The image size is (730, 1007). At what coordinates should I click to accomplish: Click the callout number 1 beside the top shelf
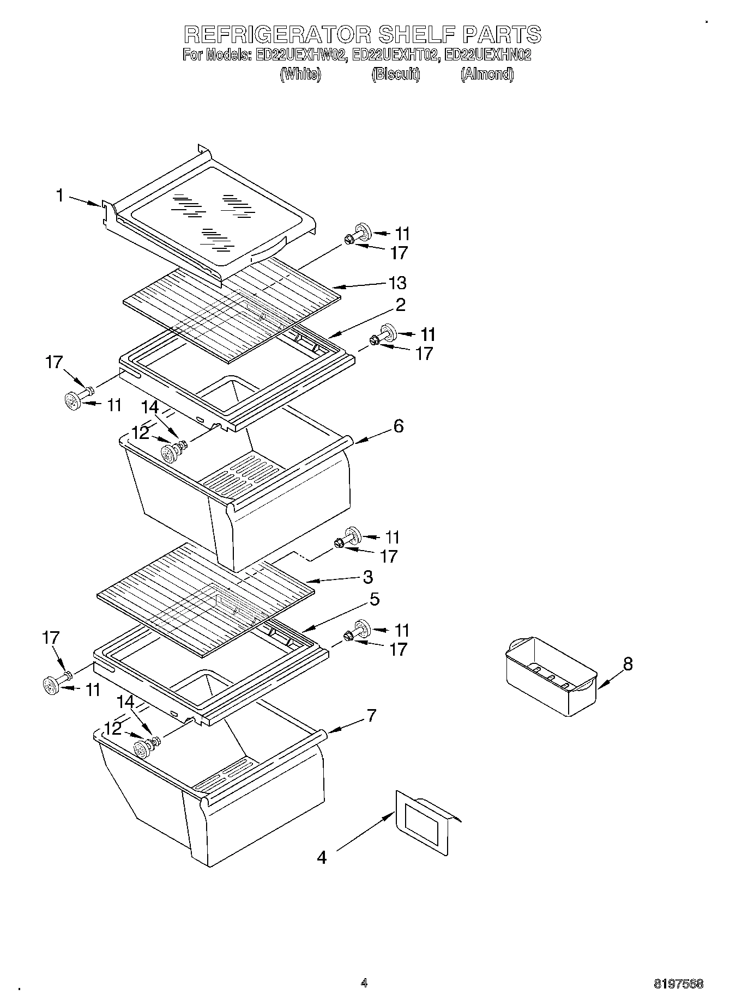pos(60,195)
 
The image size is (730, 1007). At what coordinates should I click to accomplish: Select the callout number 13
pos(397,283)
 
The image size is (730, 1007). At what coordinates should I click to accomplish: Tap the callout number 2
pos(400,305)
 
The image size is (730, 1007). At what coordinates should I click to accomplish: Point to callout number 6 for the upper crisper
pos(399,426)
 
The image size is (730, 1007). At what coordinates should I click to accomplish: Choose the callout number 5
pos(374,599)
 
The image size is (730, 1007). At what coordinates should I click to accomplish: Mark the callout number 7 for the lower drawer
pos(371,715)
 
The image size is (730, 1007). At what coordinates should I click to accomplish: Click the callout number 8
pos(628,664)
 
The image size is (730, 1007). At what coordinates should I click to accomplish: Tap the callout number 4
pos(322,857)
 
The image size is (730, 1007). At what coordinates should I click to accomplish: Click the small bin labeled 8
pos(551,676)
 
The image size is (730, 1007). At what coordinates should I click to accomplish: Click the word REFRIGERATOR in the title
pos(278,34)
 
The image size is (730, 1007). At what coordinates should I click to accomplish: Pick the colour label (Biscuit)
pos(396,74)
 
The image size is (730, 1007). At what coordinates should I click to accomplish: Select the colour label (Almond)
pos(487,74)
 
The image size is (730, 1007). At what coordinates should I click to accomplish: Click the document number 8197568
pos(678,984)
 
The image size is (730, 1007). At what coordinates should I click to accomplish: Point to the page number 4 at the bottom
pos(364,983)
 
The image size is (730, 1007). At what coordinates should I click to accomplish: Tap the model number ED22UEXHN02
pos(487,55)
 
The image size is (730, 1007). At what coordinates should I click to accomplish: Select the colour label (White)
pos(300,74)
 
